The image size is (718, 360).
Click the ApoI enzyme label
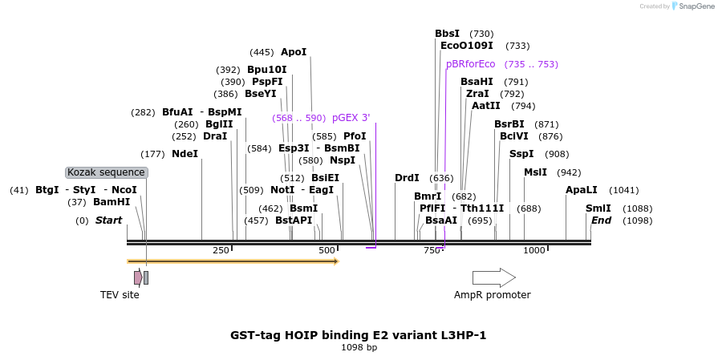294,52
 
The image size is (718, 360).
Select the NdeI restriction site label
185,154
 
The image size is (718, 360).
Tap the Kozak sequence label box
107,172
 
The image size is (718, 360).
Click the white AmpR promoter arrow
493,277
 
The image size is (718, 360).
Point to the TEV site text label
120,295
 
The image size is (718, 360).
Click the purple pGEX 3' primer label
351,118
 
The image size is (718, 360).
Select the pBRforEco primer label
471,64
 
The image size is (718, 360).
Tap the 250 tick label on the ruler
221,251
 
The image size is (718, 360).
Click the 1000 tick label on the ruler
534,251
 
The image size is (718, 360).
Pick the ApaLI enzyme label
582,190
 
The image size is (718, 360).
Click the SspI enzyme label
521,154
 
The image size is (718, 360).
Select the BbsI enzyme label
447,34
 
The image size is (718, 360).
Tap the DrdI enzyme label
407,178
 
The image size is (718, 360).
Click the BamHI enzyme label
112,202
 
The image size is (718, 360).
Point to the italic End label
601,220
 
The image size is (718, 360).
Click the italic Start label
109,220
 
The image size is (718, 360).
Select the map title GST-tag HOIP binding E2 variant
359,335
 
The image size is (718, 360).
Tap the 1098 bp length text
359,348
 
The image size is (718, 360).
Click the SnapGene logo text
695,6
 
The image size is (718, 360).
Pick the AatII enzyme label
486,106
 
